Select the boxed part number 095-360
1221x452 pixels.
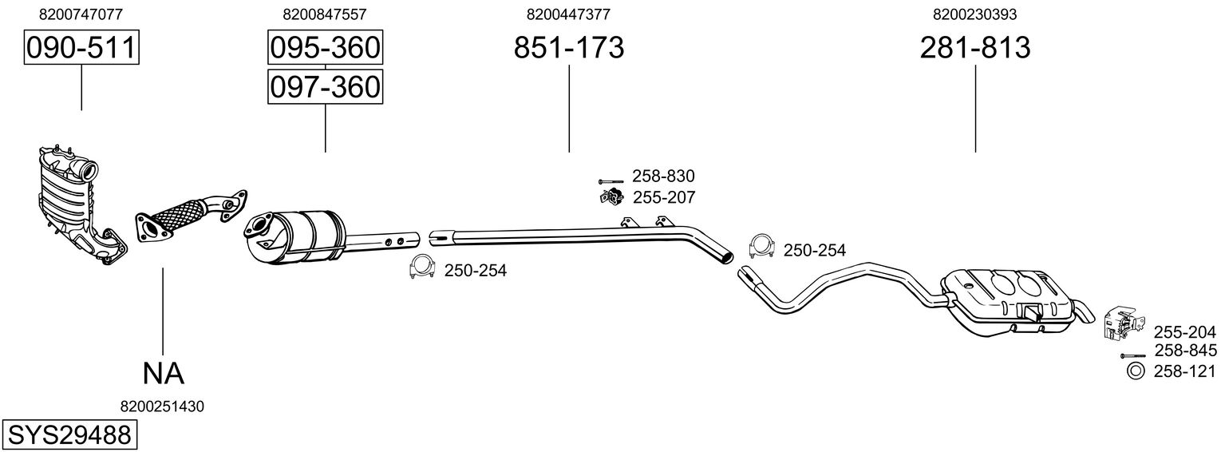coord(324,48)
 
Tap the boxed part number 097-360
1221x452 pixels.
coord(324,86)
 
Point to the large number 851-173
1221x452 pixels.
coord(568,48)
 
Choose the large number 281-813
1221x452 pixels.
coord(975,48)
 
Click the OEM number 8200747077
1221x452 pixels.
coord(81,14)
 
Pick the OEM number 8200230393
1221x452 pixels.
coord(975,14)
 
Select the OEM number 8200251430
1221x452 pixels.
coord(162,406)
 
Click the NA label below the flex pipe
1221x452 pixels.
coord(163,373)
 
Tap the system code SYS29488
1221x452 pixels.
coord(68,435)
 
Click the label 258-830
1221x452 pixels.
coord(663,176)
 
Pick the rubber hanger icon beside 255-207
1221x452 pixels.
coord(610,196)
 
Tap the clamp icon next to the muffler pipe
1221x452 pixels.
coord(762,249)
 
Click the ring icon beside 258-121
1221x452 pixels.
coord(1134,371)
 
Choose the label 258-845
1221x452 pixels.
coord(1185,351)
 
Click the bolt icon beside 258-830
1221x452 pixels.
coord(610,181)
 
